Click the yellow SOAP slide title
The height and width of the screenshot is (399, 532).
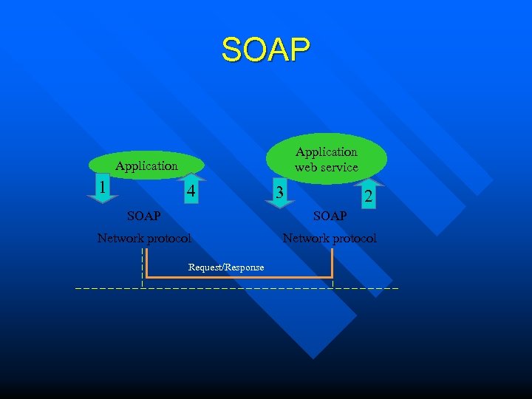(x=266, y=50)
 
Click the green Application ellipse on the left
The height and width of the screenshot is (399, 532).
(x=146, y=166)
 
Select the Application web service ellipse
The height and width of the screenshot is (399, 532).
(x=327, y=159)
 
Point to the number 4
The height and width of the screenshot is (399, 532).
(x=191, y=192)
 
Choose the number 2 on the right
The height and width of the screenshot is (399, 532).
(x=367, y=196)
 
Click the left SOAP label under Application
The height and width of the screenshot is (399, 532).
(x=143, y=216)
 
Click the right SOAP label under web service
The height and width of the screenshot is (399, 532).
(x=330, y=216)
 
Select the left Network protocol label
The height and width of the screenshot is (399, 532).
(x=144, y=238)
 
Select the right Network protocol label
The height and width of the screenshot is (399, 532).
(x=330, y=238)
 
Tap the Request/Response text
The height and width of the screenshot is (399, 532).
(x=226, y=267)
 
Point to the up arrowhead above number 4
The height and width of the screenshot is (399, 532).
(x=191, y=177)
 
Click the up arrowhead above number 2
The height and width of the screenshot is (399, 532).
(x=369, y=181)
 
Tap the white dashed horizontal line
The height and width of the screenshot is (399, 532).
(x=236, y=287)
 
